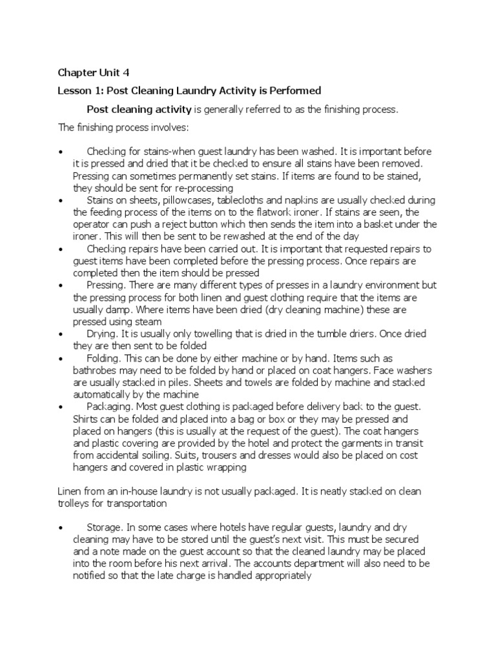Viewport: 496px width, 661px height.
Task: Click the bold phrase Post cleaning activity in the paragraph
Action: [x=139, y=109]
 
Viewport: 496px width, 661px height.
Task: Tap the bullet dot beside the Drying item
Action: [x=60, y=334]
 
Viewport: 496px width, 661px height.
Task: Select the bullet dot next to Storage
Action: [x=60, y=528]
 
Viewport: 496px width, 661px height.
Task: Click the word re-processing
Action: [x=201, y=188]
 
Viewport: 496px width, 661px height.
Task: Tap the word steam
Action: [x=149, y=321]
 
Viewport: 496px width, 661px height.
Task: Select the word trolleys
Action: [x=76, y=503]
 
